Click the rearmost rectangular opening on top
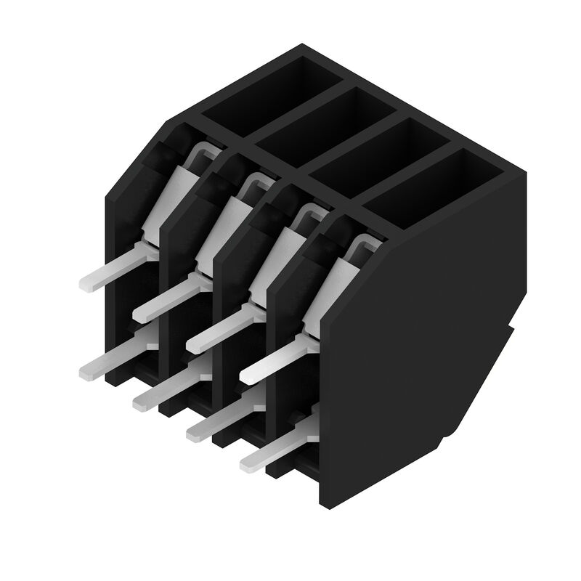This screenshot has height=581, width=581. (x=272, y=91)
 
